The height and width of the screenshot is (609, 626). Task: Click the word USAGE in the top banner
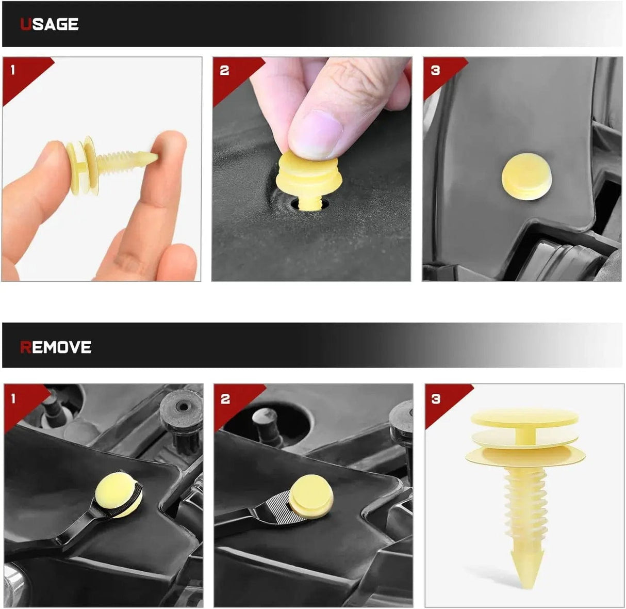pos(49,24)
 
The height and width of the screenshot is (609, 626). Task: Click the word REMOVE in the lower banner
pos(56,347)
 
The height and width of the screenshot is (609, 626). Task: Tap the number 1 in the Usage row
pos(13,70)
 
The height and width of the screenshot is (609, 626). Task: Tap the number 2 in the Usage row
pos(224,70)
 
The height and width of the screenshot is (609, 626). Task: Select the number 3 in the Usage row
pos(435,70)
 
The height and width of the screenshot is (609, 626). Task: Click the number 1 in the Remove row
pos(13,399)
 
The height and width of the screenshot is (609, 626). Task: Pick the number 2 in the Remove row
pos(225,399)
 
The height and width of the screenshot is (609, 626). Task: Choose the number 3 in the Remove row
pos(436,399)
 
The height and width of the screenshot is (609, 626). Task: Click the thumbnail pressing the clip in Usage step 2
pos(315,133)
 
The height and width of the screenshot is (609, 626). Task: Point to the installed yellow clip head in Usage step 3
pos(526,177)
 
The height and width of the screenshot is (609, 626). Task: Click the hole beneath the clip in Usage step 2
pos(310,204)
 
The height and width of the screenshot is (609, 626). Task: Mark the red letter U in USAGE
pos(26,24)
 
